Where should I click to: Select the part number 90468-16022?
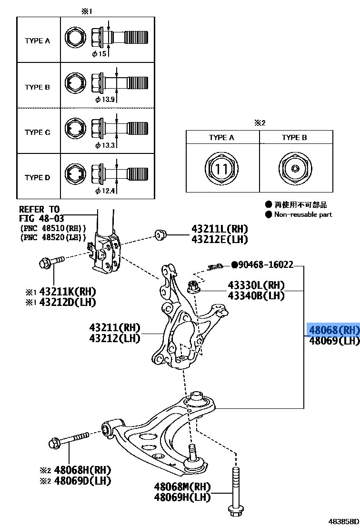(266, 264)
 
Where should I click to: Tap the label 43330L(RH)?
(256, 285)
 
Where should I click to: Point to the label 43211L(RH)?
(220, 229)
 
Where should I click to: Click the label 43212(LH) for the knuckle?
(115, 338)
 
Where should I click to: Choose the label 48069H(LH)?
(182, 497)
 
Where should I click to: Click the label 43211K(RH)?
(68, 291)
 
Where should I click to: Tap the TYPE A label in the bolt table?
(37, 41)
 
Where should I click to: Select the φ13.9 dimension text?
(105, 100)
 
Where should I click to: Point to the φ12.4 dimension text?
(105, 191)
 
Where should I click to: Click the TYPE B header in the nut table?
(294, 138)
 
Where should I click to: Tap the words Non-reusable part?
(303, 214)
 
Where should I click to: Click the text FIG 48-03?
(39, 218)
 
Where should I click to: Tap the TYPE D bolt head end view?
(74, 174)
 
